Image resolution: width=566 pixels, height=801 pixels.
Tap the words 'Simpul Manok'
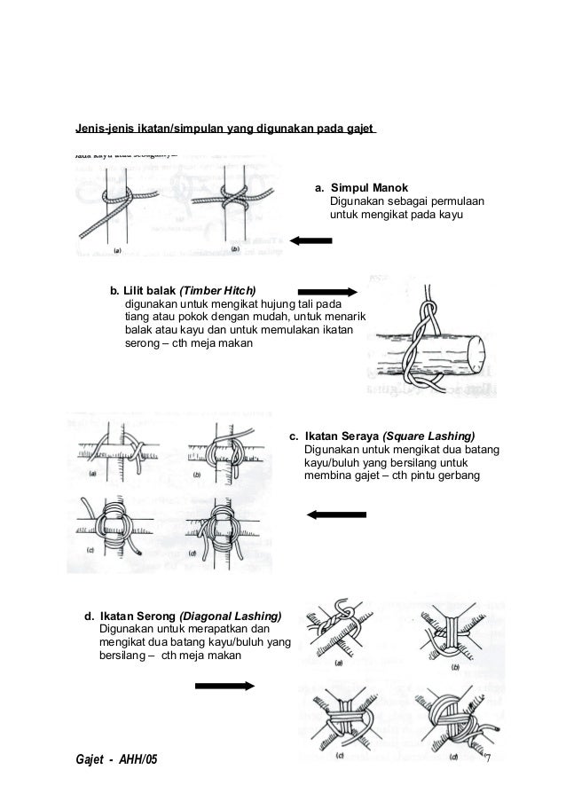coord(369,189)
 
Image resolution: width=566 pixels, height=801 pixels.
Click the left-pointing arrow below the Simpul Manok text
coord(311,240)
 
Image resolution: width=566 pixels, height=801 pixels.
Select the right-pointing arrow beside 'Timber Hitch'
coord(326,290)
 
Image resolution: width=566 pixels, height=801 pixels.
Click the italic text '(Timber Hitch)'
coord(217,290)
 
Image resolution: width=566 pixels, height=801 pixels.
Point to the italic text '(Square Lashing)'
coord(428,436)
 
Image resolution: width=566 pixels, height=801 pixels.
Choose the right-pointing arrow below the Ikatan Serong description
coord(225,685)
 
